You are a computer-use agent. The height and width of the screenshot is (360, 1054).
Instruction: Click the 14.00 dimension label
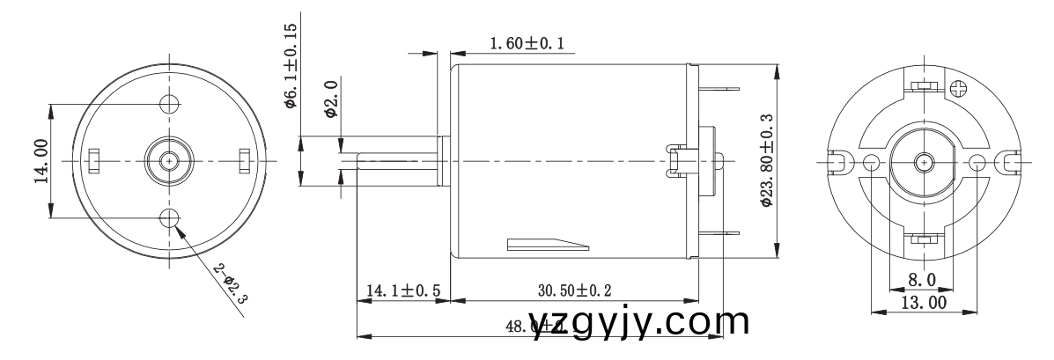[x=39, y=161]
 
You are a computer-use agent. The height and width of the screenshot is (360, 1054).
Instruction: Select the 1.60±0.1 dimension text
[x=525, y=43]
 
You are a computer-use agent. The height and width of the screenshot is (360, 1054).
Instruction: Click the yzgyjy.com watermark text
[x=640, y=321]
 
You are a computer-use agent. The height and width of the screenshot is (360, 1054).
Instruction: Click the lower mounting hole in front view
[x=169, y=217]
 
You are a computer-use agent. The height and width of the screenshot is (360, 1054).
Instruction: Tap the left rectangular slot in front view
[x=95, y=161]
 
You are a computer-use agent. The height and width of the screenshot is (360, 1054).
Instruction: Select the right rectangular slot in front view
[x=244, y=161]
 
